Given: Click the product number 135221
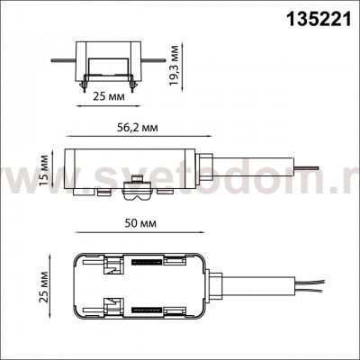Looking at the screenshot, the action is pyautogui.click(x=319, y=19).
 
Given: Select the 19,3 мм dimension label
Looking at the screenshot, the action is pyautogui.click(x=174, y=66).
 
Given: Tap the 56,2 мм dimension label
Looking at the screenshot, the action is pyautogui.click(x=137, y=128).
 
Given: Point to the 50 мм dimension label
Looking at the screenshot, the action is pyautogui.click(x=140, y=223).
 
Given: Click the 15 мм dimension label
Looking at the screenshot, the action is pyautogui.click(x=44, y=171).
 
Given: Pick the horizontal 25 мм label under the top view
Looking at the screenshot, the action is pyautogui.click(x=109, y=96).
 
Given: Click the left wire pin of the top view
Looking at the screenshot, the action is pyautogui.click(x=63, y=60).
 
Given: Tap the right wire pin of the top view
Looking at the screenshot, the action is pyautogui.click(x=153, y=60).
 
